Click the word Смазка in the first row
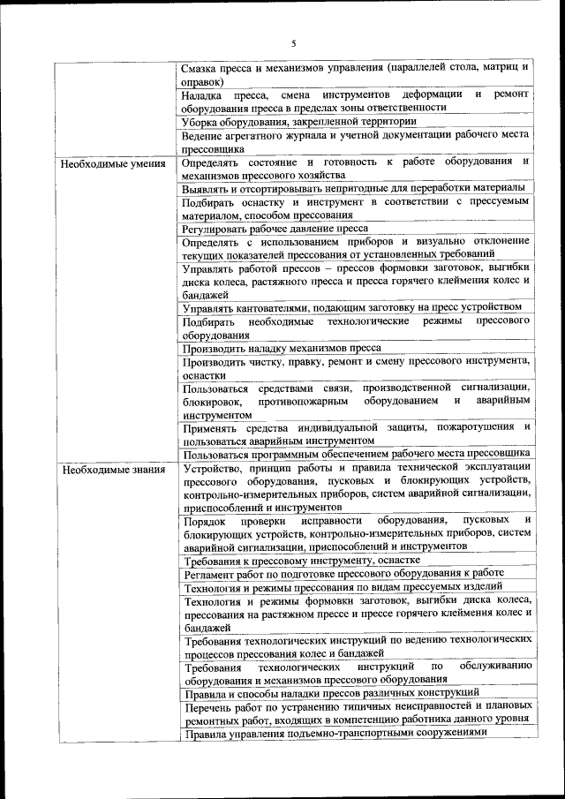[x=201, y=67]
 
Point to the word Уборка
[x=201, y=122]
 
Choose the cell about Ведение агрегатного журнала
[x=355, y=142]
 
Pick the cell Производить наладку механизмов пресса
[x=282, y=348]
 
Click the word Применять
[x=210, y=427]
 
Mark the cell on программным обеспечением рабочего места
[x=355, y=454]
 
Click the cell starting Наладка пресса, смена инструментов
[x=355, y=101]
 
